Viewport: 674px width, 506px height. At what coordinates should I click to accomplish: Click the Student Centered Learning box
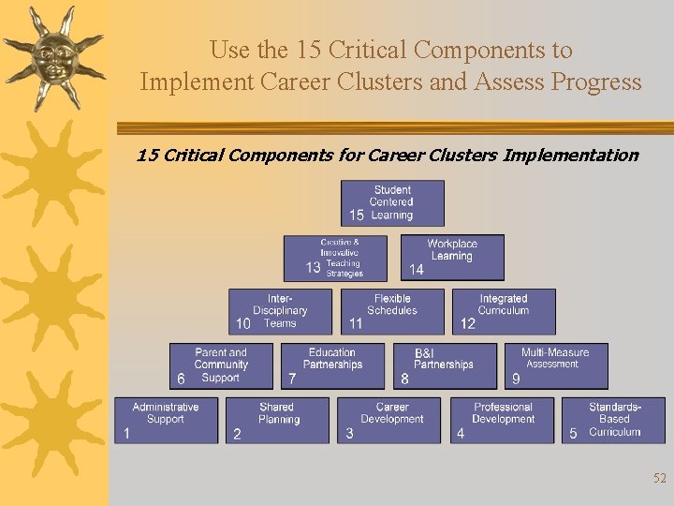392,203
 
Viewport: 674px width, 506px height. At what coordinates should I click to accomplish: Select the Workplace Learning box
452,258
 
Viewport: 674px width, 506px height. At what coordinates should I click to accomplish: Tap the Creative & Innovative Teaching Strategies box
335,258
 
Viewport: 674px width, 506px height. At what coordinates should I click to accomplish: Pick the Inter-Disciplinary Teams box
280,312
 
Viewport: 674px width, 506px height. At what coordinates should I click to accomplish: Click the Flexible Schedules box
391,312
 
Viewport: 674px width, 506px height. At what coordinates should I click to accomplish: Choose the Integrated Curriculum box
504,312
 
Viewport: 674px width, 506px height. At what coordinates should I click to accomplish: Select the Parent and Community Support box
221,366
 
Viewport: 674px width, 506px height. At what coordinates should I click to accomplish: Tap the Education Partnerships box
332,366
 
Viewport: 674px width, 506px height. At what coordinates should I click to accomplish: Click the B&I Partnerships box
444,366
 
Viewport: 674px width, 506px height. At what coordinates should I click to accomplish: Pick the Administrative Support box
166,421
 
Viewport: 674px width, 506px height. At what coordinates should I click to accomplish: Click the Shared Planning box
278,421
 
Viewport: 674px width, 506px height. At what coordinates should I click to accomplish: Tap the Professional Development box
503,421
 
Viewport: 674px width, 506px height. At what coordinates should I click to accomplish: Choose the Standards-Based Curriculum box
613,421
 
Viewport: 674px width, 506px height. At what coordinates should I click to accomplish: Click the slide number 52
660,479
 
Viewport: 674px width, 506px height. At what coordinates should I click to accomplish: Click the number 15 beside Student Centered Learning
357,216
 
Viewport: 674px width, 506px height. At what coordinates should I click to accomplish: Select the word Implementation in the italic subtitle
570,156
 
